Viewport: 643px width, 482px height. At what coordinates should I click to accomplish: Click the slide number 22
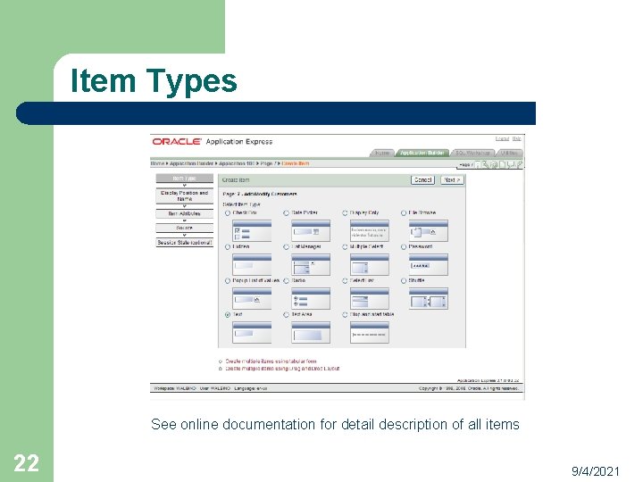[x=26, y=462]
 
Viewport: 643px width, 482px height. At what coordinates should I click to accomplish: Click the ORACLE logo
[x=176, y=141]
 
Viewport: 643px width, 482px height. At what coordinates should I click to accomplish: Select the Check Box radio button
[x=228, y=212]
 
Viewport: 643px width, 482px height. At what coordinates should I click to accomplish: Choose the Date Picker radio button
[x=287, y=212]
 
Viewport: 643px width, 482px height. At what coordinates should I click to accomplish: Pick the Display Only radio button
[x=345, y=212]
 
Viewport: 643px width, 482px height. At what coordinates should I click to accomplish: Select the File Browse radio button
[x=404, y=212]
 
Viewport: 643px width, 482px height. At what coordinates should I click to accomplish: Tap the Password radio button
[x=404, y=246]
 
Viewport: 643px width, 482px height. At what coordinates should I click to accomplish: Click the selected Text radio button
[x=228, y=314]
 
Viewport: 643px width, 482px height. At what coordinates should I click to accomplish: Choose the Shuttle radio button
[x=404, y=280]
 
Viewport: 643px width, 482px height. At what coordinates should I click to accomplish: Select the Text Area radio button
[x=287, y=314]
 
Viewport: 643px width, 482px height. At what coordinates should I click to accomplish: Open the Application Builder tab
[x=422, y=153]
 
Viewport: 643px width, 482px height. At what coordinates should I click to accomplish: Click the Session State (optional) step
[x=184, y=243]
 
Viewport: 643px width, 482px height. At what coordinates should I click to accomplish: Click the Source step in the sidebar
[x=184, y=228]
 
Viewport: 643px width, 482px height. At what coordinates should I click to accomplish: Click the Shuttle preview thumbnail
[x=428, y=298]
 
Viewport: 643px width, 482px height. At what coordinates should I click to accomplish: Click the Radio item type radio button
[x=287, y=280]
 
